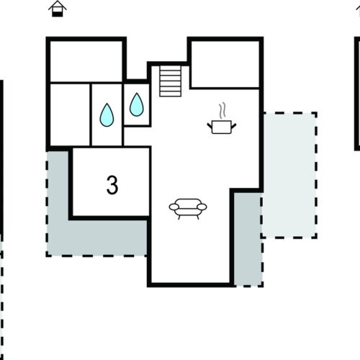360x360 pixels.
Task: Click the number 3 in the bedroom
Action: [112, 185]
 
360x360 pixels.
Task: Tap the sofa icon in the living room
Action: [187, 207]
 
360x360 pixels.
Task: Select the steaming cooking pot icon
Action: [221, 126]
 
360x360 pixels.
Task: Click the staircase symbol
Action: [170, 81]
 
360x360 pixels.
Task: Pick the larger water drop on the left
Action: [107, 114]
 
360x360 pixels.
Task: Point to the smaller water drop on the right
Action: [136, 106]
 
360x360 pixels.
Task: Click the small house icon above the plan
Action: [57, 8]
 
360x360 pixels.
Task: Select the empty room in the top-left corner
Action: [86, 61]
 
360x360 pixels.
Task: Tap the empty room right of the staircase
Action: [224, 63]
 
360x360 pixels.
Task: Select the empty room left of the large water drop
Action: [69, 115]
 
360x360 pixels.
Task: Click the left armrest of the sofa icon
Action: [173, 207]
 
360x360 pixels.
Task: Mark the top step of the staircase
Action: [170, 68]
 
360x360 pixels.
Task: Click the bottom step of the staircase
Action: [170, 93]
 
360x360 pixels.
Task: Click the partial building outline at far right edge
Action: [357, 94]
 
